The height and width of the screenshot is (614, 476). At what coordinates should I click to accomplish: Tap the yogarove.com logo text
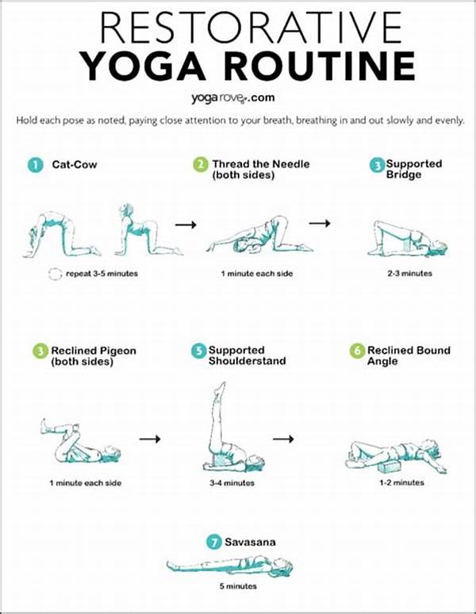pos(237,98)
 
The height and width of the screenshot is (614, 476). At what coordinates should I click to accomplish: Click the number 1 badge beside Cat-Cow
pos(34,165)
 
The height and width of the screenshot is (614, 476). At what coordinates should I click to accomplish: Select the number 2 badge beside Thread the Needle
pos(200,165)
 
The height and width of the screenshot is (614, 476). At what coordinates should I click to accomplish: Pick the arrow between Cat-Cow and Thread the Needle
pos(185,225)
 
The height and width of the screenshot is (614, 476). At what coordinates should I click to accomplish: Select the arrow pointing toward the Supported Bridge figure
pos(320,224)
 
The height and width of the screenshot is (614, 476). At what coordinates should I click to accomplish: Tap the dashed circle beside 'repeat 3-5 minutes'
pos(54,274)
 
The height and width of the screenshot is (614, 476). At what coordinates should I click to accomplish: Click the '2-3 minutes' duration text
pos(410,273)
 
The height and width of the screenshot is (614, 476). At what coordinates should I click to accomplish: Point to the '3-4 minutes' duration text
pos(232,482)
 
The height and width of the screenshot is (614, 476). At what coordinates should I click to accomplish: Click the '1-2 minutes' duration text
pos(401,482)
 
